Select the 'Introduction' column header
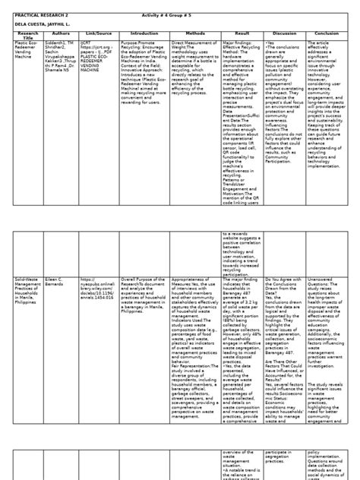click(144, 33)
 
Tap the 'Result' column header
click(243, 33)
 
